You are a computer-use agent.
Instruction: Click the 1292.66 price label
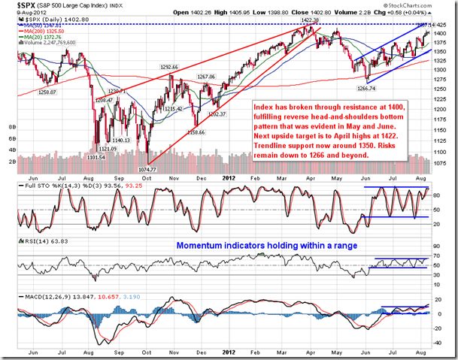coord(168,68)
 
